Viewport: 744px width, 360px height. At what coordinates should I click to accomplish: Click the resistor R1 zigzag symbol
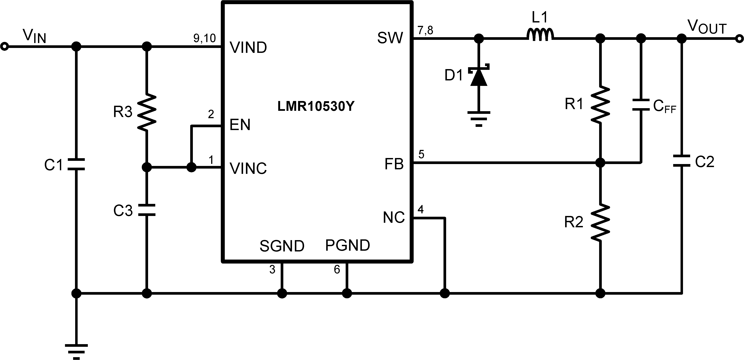pos(600,104)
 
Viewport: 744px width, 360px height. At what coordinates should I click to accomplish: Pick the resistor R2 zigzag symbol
pos(600,222)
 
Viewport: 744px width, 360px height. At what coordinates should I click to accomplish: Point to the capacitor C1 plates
pos(76,164)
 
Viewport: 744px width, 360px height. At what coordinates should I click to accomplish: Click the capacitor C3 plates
pos(147,210)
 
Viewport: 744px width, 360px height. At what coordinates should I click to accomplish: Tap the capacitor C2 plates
pos(682,161)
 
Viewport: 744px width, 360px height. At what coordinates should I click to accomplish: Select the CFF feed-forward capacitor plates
pos(641,105)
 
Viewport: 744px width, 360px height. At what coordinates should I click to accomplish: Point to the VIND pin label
pos(248,48)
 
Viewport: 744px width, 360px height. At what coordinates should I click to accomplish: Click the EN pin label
pos(240,125)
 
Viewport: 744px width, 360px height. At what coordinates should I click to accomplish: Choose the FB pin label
pos(394,164)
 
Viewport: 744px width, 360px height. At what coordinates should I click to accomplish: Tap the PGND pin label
pos(348,245)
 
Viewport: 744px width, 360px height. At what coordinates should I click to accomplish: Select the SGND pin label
pos(282,246)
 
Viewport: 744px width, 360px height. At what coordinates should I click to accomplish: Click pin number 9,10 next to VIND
pos(205,38)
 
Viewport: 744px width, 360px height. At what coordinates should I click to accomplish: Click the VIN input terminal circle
pos(4,46)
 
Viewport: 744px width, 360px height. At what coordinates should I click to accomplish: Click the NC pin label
pos(394,218)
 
